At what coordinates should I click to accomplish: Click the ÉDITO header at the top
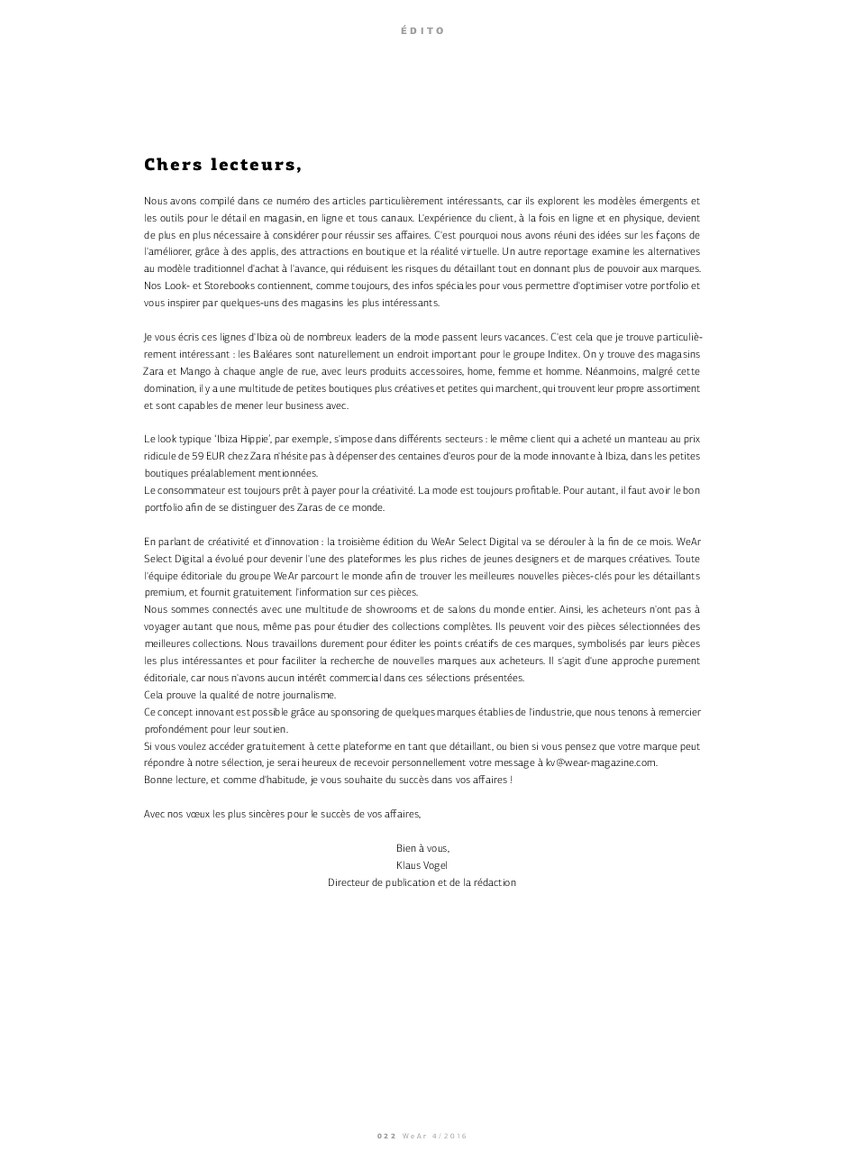[422, 31]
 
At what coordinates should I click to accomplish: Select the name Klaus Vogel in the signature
[422, 865]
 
